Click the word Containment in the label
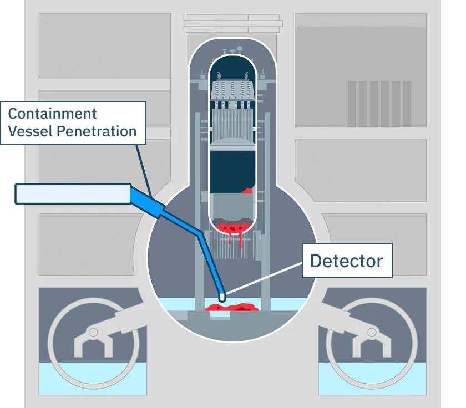(x=52, y=114)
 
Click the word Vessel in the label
(x=28, y=131)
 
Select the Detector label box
(x=347, y=261)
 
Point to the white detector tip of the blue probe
(x=222, y=297)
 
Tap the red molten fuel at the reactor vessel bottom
(x=232, y=228)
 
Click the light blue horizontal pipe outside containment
(x=72, y=193)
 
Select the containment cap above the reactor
(x=232, y=25)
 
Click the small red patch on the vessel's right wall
(x=248, y=191)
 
